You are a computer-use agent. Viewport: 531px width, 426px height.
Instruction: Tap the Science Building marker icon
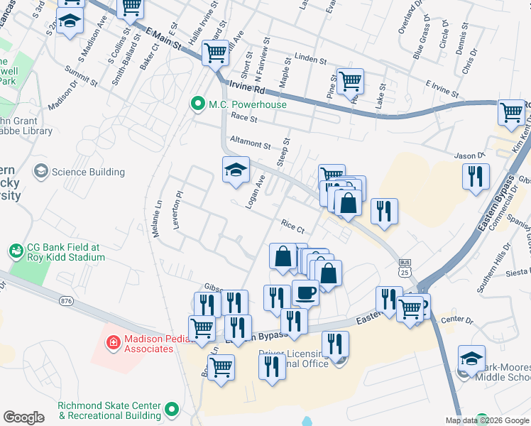41,172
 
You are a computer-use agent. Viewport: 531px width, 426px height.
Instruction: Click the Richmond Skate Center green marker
171,409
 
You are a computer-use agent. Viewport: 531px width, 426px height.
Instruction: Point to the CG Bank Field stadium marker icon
15,251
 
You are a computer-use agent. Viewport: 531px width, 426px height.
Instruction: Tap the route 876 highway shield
67,301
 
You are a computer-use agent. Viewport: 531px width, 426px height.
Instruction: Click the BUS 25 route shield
405,267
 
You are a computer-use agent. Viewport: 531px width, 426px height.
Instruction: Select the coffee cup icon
306,292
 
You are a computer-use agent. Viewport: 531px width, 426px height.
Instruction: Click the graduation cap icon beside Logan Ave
236,170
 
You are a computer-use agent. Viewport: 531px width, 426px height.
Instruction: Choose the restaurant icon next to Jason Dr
476,176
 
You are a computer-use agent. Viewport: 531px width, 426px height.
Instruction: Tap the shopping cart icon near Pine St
350,81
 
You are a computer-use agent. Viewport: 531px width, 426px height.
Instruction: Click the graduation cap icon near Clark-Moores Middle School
471,359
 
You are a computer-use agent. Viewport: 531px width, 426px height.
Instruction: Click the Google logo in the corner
24,417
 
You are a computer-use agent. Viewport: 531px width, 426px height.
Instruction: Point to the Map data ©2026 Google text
487,420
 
